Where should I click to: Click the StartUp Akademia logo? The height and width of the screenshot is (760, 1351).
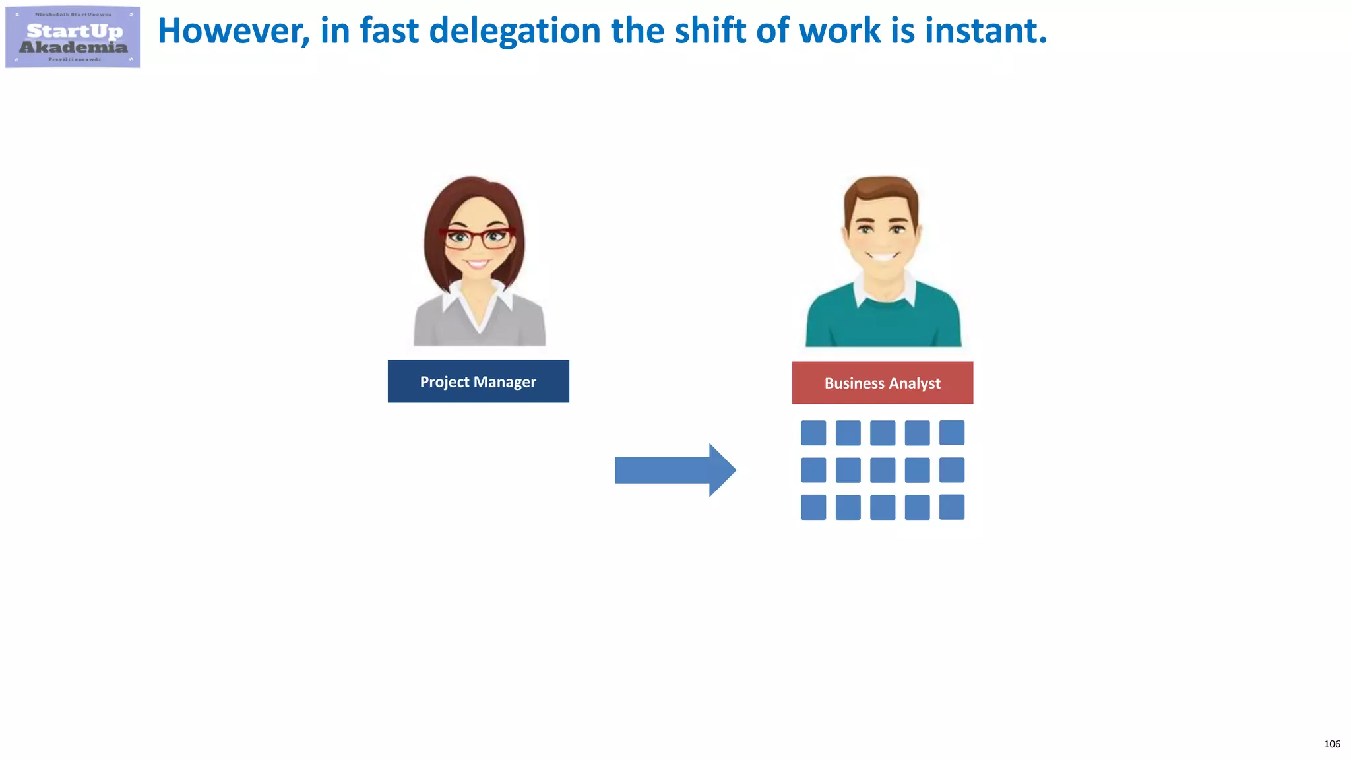click(x=73, y=37)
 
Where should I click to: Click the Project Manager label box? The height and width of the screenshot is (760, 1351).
click(x=478, y=381)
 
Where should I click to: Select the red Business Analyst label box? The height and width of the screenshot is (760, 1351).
click(x=882, y=383)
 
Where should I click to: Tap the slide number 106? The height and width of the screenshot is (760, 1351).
click(x=1331, y=744)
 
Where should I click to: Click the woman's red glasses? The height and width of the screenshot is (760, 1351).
click(x=478, y=237)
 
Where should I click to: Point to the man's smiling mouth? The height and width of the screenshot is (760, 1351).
click(x=883, y=255)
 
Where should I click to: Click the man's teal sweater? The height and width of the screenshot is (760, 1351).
click(x=883, y=323)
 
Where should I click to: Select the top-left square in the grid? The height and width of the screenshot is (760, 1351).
click(x=813, y=433)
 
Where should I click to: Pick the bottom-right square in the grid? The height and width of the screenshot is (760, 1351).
click(x=951, y=507)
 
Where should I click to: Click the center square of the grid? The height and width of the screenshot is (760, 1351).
click(x=883, y=470)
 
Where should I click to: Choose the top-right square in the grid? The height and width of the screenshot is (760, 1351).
click(x=951, y=433)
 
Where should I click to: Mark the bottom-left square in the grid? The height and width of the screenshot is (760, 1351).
click(x=813, y=507)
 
